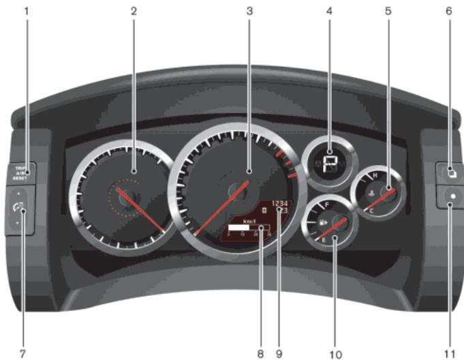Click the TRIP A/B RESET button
click(20, 171)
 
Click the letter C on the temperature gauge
click(371, 211)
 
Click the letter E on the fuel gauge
click(323, 240)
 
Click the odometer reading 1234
click(281, 203)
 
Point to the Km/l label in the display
click(249, 221)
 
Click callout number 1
click(27, 11)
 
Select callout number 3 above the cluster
click(249, 11)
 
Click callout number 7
click(22, 353)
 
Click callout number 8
click(260, 354)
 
